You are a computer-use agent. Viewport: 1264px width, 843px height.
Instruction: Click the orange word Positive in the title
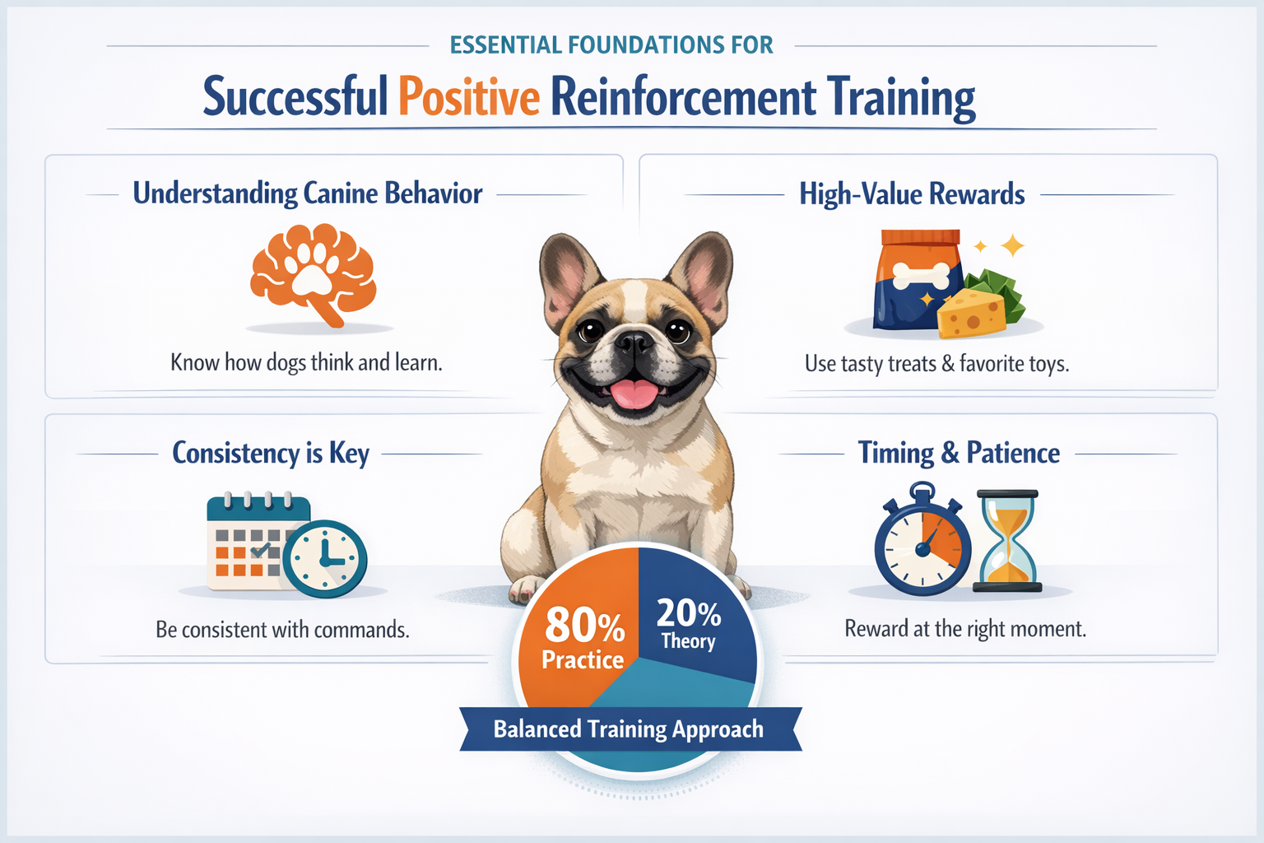tap(469, 97)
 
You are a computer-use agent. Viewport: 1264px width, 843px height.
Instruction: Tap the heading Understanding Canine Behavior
tap(308, 193)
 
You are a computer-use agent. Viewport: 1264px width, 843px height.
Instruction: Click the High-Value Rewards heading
tap(912, 194)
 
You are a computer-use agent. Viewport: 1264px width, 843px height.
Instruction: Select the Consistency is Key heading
tap(271, 453)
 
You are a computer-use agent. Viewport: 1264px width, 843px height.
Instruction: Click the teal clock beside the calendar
tap(325, 558)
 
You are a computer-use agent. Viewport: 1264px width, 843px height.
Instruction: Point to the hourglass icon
tap(1007, 541)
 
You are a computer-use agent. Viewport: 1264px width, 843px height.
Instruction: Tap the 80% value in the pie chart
tap(585, 625)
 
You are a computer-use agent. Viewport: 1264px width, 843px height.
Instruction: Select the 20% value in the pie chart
tap(688, 613)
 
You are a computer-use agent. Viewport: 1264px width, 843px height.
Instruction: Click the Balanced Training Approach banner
tap(629, 729)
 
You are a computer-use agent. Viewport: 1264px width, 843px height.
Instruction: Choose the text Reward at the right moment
tap(965, 629)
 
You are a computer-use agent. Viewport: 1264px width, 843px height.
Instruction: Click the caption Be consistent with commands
tap(282, 630)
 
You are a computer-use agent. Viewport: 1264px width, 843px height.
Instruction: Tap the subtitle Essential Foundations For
tap(611, 45)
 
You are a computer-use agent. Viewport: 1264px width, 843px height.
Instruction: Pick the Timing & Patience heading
tap(959, 453)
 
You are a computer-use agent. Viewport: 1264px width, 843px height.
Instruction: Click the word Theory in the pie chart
tap(688, 641)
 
